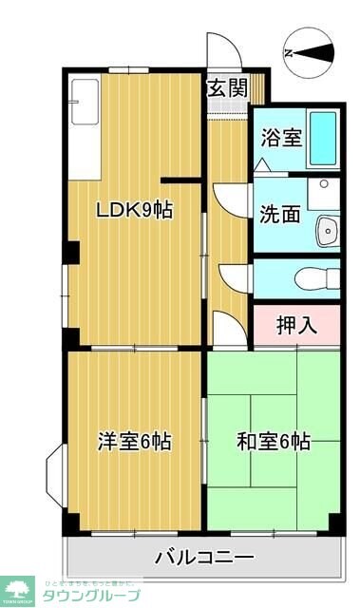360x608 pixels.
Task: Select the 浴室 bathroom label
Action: point(281,136)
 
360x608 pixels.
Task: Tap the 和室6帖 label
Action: point(274,442)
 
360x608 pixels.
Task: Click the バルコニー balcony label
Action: point(204,556)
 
